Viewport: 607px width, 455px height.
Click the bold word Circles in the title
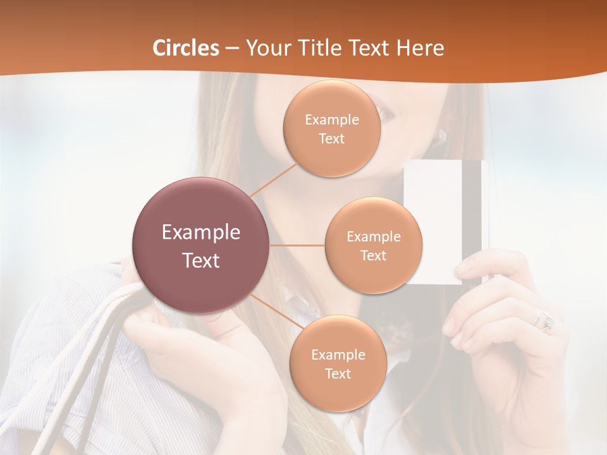(186, 48)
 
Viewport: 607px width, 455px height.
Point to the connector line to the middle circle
(297, 245)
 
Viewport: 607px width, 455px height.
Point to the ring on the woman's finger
(544, 319)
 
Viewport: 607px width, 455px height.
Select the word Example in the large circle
(200, 233)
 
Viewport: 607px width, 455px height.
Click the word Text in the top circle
(331, 139)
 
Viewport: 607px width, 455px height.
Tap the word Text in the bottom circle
(338, 374)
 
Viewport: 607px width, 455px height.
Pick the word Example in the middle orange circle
(373, 237)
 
